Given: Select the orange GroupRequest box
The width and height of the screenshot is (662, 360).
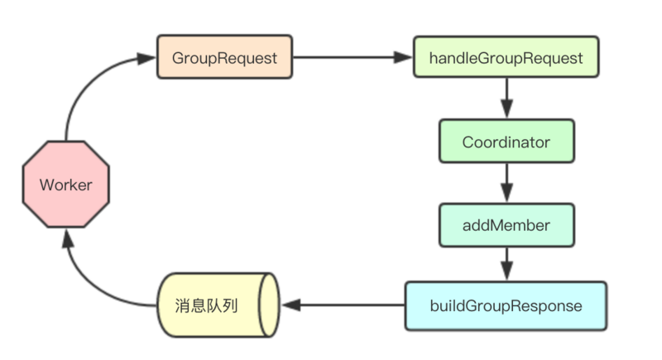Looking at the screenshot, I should (x=224, y=58).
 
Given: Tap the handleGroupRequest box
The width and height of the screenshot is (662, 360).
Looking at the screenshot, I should (x=506, y=58).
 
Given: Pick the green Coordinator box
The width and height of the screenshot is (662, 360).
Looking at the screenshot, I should (x=506, y=142).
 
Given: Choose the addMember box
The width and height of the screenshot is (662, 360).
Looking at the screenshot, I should (x=506, y=224).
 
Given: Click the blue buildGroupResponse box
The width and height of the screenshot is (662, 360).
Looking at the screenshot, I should (x=506, y=305).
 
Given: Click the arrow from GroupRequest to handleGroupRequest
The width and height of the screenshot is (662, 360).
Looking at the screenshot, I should (x=348, y=58).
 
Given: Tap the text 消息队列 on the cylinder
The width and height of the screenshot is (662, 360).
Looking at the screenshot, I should (x=208, y=305).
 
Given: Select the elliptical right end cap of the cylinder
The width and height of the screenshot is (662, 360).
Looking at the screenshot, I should (x=268, y=305).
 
